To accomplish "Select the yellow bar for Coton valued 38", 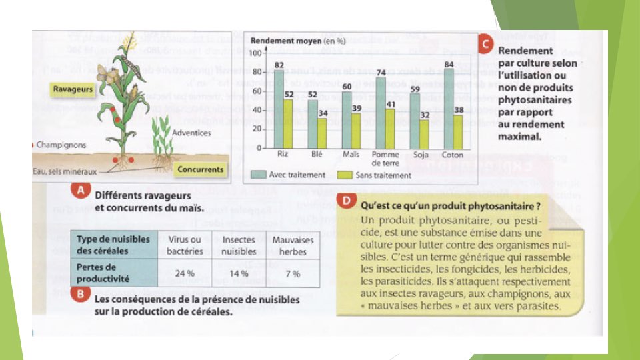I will coord(459,131).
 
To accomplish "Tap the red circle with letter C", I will coord(487,45).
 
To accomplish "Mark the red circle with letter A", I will coord(80,191).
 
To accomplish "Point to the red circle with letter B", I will coord(80,294).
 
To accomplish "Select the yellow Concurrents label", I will coord(200,169).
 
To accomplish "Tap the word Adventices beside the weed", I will coord(191,133).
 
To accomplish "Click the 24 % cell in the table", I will coord(184,273).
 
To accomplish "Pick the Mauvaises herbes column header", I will coord(293,245).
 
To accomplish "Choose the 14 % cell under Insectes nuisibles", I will coord(239,273).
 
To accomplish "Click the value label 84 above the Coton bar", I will coord(450,64).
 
